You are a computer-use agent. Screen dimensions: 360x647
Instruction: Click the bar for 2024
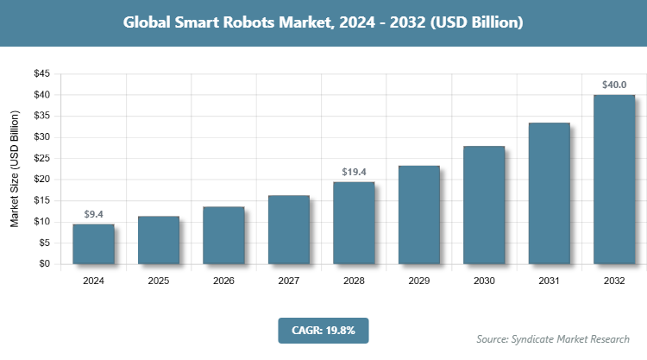coord(93,244)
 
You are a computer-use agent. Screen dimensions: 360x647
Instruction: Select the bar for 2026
coord(223,236)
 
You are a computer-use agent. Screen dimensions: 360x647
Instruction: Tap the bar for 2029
coord(418,215)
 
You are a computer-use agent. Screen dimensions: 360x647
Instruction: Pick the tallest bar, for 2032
coord(614,180)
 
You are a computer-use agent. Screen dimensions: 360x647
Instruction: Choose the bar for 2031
coord(549,193)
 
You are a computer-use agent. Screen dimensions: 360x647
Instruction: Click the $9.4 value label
coord(93,214)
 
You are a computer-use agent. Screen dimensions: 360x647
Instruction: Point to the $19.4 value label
coord(354,172)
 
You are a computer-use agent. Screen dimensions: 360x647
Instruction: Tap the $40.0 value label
coord(614,85)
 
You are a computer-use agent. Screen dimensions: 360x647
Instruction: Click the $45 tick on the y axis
coord(41,73)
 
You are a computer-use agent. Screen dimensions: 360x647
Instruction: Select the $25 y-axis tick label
coord(41,158)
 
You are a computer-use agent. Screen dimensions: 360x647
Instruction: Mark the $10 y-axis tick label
coord(41,222)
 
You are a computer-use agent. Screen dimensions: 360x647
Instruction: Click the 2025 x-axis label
coord(159,281)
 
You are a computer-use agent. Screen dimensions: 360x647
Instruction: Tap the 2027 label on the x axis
coord(289,281)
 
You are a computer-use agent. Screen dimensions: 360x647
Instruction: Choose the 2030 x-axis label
coord(484,281)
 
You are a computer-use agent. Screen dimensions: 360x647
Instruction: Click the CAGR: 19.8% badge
coord(323,330)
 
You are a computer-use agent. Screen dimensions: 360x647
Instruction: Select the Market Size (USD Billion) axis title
coord(15,168)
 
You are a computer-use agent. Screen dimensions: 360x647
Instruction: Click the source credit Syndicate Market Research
coord(553,338)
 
